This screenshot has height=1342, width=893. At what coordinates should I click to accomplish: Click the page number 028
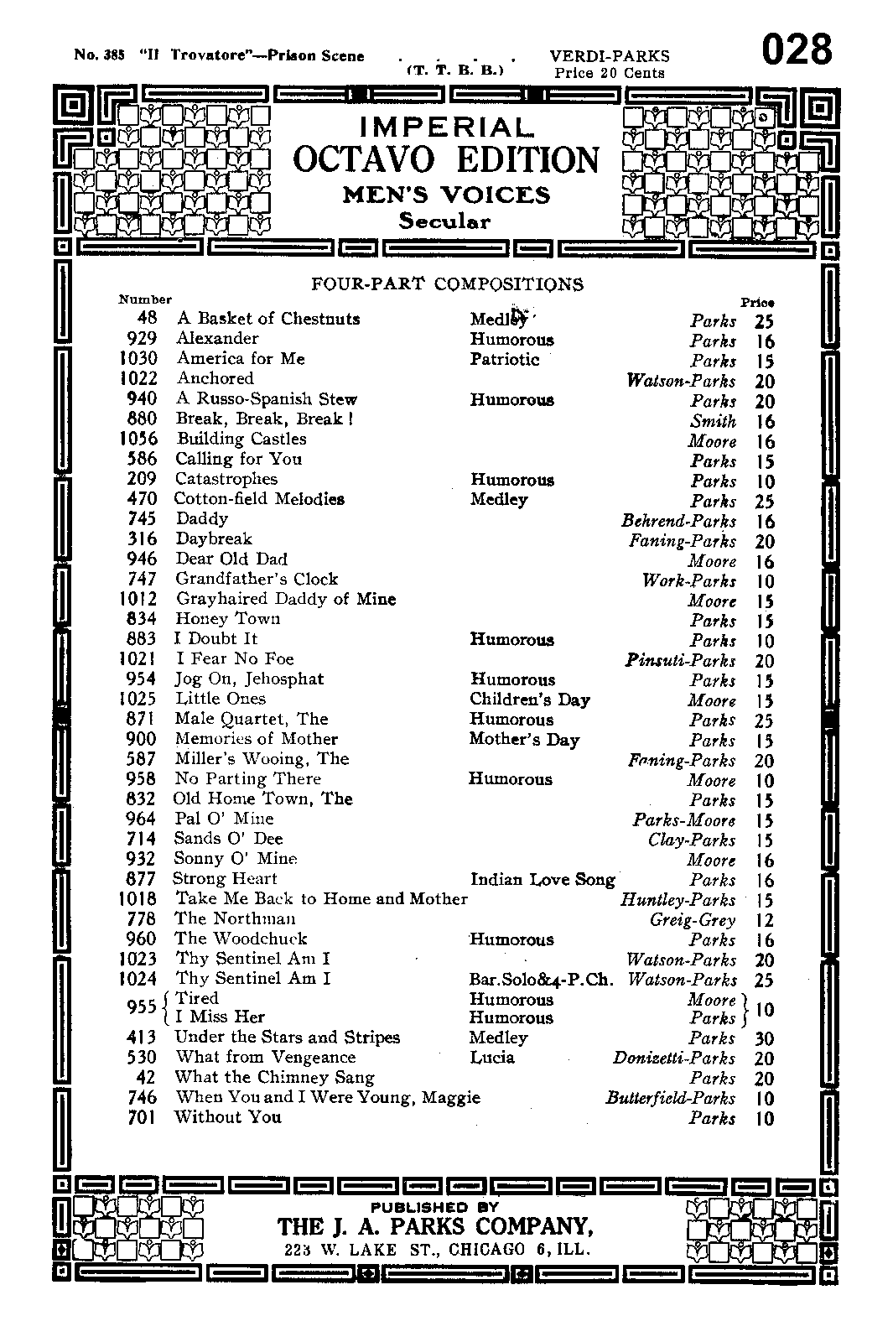tap(796, 51)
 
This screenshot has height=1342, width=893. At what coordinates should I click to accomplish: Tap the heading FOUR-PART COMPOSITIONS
tap(447, 284)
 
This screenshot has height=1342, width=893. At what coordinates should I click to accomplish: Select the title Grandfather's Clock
tap(257, 579)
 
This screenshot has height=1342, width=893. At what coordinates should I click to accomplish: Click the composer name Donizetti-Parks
tap(674, 1058)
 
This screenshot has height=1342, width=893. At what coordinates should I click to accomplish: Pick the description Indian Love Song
tap(543, 879)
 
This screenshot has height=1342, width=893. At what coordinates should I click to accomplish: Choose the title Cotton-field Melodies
tap(259, 499)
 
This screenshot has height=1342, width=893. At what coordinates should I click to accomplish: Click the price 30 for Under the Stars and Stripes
tap(764, 1038)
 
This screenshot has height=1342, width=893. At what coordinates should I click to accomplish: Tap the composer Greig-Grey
tap(693, 919)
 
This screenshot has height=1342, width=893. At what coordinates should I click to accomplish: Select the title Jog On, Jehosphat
tap(249, 679)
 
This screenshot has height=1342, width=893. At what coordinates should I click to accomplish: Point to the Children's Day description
tap(530, 700)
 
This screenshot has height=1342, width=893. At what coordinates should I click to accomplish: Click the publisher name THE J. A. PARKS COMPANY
tap(436, 1226)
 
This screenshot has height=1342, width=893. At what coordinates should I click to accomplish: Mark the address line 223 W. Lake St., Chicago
tap(437, 1249)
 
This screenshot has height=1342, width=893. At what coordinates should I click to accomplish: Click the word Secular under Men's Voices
tap(444, 221)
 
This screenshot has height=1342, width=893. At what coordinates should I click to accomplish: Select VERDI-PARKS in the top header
tap(610, 56)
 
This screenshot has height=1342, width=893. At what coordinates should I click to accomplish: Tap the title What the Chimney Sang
tap(274, 1077)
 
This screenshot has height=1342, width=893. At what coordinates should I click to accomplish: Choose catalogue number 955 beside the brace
tap(141, 1006)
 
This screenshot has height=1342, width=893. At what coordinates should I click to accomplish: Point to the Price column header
tap(757, 302)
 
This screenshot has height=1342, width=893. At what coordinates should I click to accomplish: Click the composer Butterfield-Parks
tap(670, 1098)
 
